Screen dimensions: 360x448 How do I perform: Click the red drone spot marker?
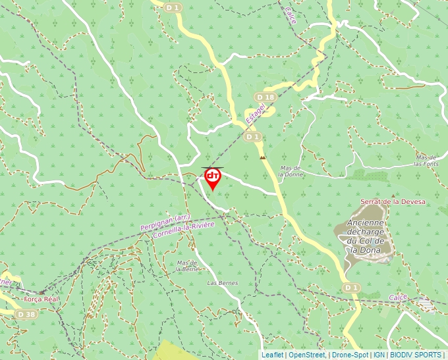(213, 178)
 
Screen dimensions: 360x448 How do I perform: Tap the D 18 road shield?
(265, 97)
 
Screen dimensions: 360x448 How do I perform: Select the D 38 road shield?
(26, 315)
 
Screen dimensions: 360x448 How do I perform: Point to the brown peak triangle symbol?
(264, 158)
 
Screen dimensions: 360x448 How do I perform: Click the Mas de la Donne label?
(291, 171)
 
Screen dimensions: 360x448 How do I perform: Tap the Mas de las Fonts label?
(427, 161)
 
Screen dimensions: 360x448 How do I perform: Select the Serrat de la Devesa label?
(393, 201)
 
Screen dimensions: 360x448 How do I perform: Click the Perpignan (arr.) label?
(165, 220)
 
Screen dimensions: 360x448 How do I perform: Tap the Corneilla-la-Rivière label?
(184, 230)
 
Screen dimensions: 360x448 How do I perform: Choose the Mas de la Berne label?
(188, 266)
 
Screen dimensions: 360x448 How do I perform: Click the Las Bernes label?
(222, 282)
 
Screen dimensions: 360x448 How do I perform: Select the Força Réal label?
(42, 299)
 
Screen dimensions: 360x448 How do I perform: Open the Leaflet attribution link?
(272, 355)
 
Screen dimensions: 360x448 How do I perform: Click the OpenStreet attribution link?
(307, 355)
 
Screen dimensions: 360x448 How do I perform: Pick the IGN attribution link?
(379, 355)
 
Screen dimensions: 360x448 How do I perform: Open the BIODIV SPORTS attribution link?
(415, 355)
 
